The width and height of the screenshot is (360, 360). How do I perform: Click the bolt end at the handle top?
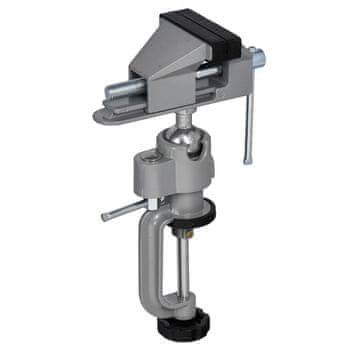click(x=256, y=58)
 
